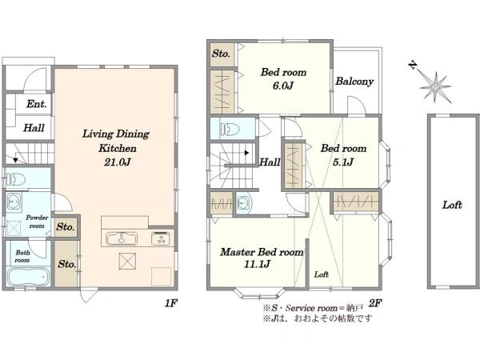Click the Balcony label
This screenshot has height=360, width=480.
point(354,82)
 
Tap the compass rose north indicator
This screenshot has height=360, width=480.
point(414,66)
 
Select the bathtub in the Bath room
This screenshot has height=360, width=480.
point(28,277)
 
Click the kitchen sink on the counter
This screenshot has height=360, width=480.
point(122,238)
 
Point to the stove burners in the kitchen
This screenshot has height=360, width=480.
point(161,238)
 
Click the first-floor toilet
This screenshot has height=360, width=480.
point(15,179)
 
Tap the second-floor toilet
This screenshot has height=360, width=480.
point(230,129)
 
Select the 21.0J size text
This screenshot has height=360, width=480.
point(118,162)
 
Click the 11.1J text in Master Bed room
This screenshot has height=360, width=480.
point(257,264)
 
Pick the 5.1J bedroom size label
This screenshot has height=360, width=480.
point(343,162)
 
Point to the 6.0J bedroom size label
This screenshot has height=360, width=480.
point(283,86)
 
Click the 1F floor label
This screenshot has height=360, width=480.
point(171,303)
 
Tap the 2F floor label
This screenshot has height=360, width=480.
point(374,303)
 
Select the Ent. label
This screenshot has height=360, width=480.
point(37,104)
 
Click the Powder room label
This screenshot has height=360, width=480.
point(37,222)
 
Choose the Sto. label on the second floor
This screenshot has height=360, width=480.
point(221,54)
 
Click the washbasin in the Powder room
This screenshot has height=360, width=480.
point(14,202)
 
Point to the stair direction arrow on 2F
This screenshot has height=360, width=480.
point(246,153)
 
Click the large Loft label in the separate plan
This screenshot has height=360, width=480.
point(452,205)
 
